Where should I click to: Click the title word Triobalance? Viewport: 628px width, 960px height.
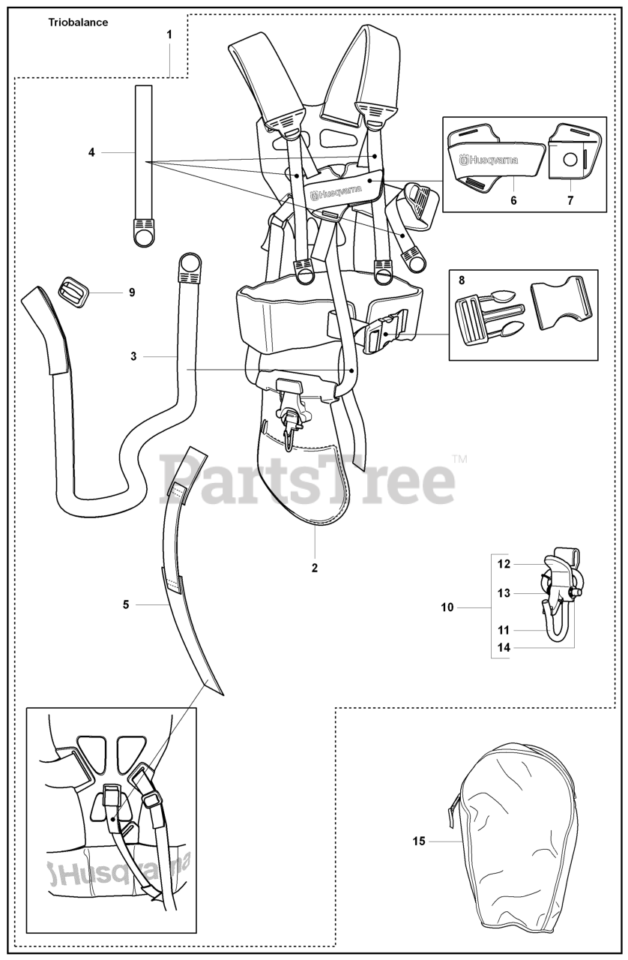pyautogui.click(x=78, y=22)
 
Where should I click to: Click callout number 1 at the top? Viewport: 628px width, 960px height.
pyautogui.click(x=169, y=34)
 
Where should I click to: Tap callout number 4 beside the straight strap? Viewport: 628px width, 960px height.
pyautogui.click(x=91, y=152)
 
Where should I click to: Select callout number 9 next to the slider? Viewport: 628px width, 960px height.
pyautogui.click(x=132, y=292)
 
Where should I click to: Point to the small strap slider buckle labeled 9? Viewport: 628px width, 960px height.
pyautogui.click(x=73, y=289)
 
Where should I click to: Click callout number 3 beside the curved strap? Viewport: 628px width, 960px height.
pyautogui.click(x=133, y=356)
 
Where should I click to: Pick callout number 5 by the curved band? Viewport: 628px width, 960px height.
pyautogui.click(x=126, y=604)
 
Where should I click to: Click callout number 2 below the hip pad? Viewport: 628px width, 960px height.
pyautogui.click(x=315, y=568)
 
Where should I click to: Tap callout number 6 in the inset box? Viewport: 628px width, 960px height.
pyautogui.click(x=514, y=201)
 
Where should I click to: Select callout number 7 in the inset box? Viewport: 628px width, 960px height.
pyautogui.click(x=570, y=201)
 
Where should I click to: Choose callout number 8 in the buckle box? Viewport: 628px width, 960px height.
pyautogui.click(x=462, y=280)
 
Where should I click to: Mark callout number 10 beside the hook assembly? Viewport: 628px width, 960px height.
pyautogui.click(x=447, y=607)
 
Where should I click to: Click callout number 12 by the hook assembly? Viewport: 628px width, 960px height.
pyautogui.click(x=504, y=563)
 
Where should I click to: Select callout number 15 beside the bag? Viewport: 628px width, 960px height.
pyautogui.click(x=418, y=841)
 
